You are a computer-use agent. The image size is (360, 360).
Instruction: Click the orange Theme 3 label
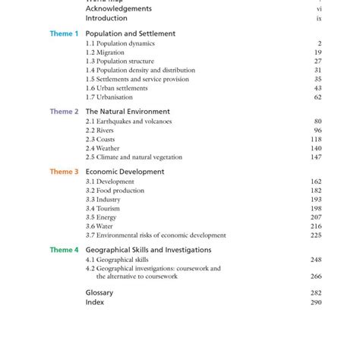pos(64,172)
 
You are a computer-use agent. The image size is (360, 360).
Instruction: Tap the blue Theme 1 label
pos(64,34)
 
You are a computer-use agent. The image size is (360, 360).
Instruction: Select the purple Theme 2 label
pos(64,112)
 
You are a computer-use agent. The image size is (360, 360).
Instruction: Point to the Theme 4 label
pos(64,250)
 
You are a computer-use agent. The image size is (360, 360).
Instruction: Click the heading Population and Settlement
pos(130,34)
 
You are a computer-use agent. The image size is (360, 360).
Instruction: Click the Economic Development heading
pos(125,172)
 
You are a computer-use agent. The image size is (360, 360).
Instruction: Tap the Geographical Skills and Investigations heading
pos(148,250)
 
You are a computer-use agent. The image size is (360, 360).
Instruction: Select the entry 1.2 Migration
pos(107,52)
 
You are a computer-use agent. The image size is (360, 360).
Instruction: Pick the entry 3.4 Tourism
pos(103,209)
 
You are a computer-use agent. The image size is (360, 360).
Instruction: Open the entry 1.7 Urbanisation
pos(109,97)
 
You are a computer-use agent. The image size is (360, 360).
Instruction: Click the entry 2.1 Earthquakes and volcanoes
pos(128,122)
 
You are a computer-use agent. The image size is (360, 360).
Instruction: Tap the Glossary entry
pos(99,292)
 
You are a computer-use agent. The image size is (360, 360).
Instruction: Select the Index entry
pos(94,302)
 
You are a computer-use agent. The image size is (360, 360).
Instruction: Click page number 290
pos(316,302)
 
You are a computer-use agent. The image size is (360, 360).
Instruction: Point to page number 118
pos(316,140)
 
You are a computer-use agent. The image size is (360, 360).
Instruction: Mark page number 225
pos(316,235)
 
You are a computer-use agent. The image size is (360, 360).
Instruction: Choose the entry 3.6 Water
pos(99,226)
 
